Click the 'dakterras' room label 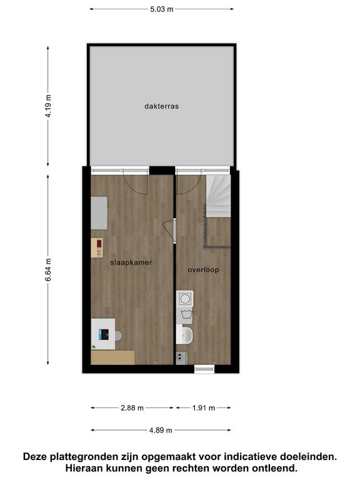point(161,106)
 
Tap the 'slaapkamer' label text point(131,262)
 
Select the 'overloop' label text point(203,270)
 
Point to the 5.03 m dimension point(162,9)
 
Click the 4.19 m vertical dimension point(48,106)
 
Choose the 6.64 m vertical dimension point(48,270)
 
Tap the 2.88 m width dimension point(132,407)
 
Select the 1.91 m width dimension point(204,407)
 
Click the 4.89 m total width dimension point(161,430)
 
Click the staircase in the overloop point(218,196)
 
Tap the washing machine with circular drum point(184,299)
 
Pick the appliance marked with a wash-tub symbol point(184,315)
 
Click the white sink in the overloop point(184,334)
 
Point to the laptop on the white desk point(104,334)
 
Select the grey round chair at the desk point(119,336)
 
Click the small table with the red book point(97,247)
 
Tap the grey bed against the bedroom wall point(99,212)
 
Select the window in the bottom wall point(204,369)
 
